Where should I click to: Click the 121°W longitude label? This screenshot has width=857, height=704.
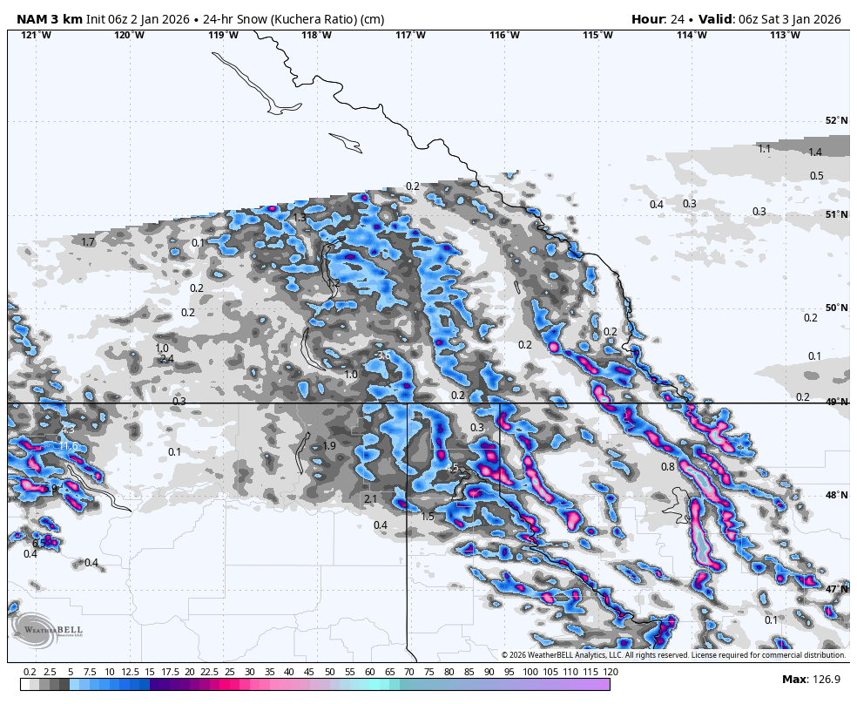point(36,35)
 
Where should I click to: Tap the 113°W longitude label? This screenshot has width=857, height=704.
point(785,35)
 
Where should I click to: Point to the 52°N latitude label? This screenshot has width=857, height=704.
point(836,121)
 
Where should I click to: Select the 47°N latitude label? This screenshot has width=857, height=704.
point(836,589)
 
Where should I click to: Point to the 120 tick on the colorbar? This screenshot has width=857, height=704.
point(610,672)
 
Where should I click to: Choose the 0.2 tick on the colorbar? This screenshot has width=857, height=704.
point(30,672)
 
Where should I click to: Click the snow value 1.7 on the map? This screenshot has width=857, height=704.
point(87,242)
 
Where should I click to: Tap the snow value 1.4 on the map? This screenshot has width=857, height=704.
point(815,152)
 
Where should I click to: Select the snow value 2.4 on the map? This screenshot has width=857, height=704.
point(167,359)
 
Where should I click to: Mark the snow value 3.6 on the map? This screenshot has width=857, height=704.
point(383,355)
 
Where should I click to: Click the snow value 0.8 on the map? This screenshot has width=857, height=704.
point(668,467)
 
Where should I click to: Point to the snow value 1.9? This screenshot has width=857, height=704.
point(329,446)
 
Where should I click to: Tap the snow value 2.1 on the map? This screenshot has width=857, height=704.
point(371,499)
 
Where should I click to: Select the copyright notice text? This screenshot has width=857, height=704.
point(673,655)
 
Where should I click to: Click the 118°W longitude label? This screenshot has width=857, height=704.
point(316,35)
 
